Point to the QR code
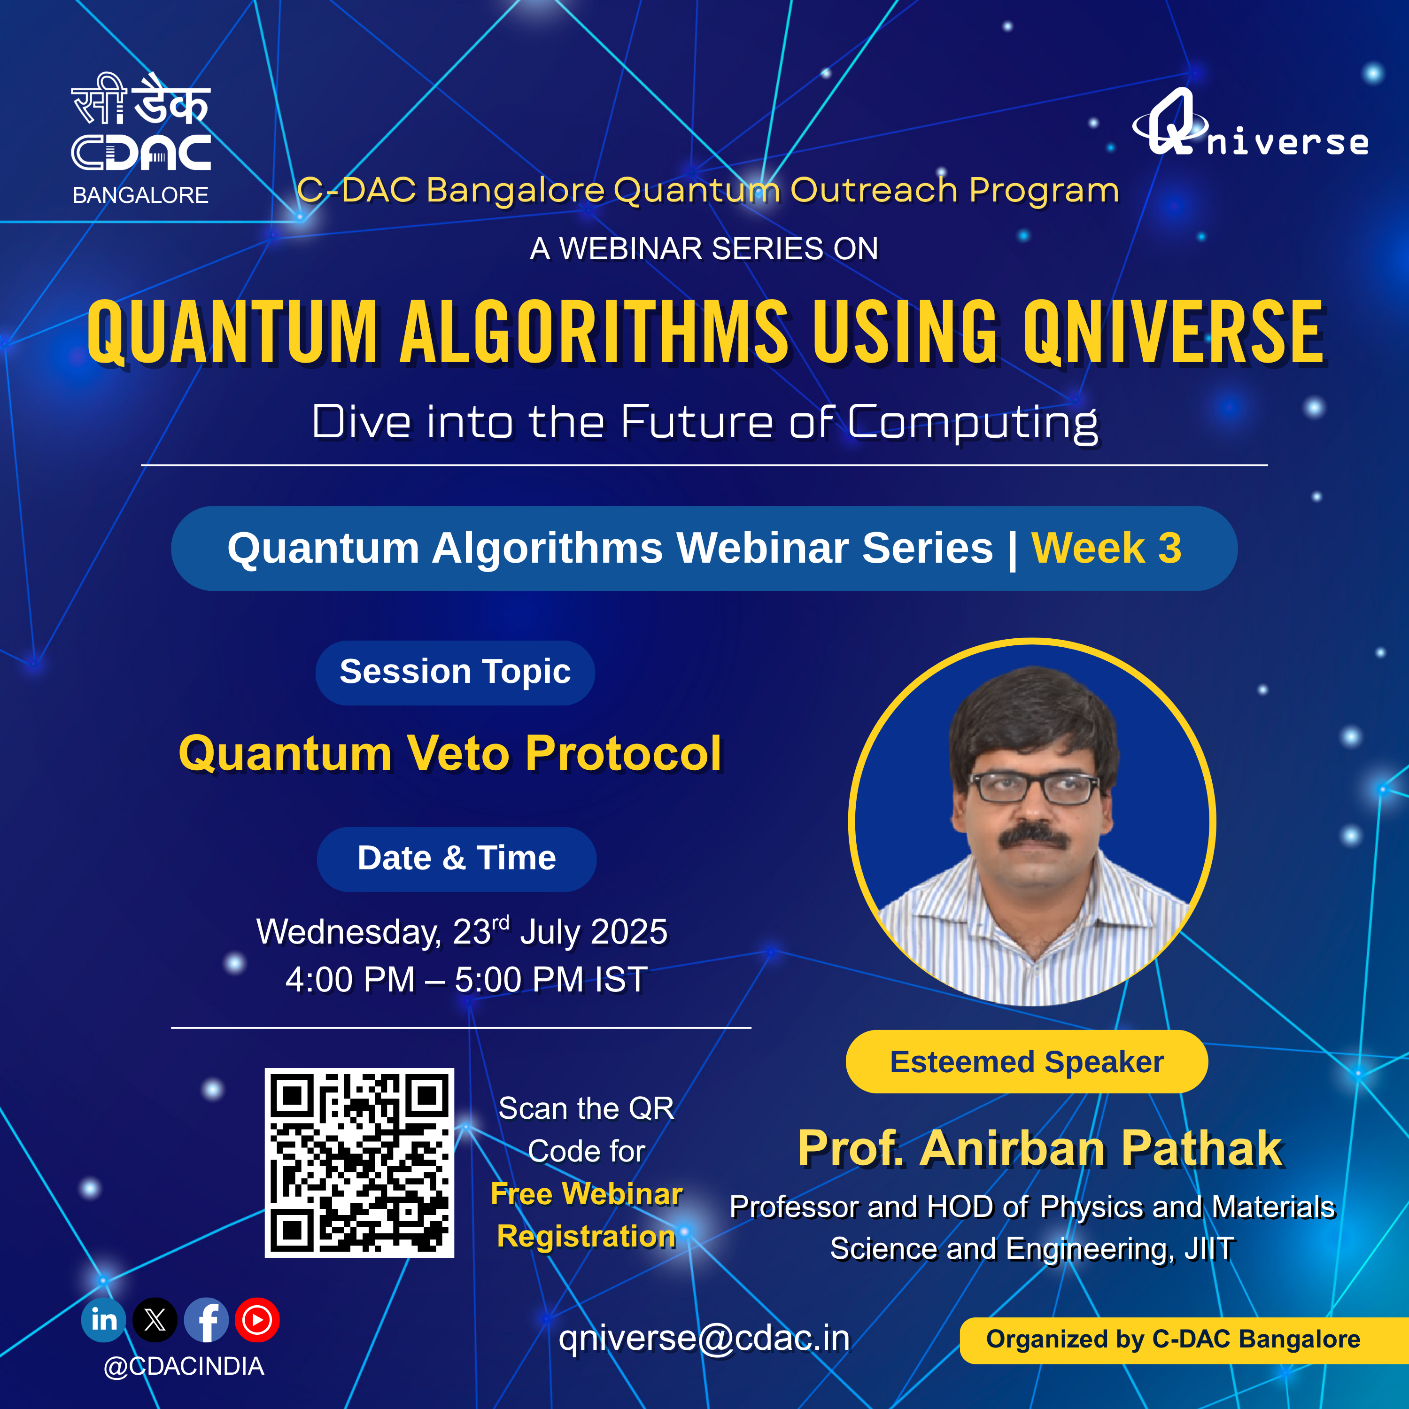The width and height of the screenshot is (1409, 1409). [359, 1162]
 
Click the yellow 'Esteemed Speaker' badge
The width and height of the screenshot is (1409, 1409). [1027, 1062]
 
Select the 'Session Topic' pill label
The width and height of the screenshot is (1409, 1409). [455, 673]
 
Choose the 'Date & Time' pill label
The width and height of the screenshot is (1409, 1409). [457, 859]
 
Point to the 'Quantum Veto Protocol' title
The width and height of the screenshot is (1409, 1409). [450, 753]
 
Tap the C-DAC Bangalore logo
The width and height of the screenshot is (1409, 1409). [141, 139]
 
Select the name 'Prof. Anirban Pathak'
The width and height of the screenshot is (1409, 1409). [1040, 1149]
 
